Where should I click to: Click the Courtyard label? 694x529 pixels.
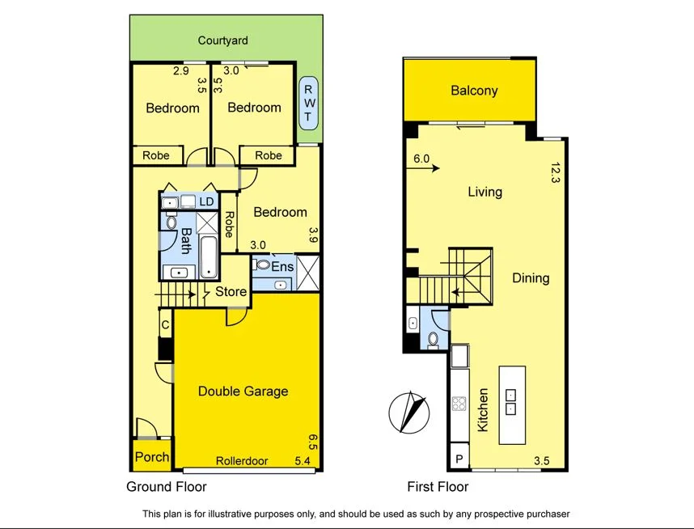tap(223, 40)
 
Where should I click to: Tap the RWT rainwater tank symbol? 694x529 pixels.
tap(308, 103)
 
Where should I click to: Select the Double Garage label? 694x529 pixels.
tap(243, 391)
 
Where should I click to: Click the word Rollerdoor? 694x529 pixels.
tap(241, 461)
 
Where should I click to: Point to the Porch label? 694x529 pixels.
tap(151, 457)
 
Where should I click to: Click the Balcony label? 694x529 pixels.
tap(474, 91)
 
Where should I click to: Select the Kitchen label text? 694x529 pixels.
tap(483, 409)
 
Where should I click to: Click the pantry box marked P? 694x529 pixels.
tap(460, 457)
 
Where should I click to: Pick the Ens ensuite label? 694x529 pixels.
tap(282, 264)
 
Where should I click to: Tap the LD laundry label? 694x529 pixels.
tap(207, 201)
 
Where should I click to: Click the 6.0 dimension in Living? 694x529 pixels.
tap(421, 159)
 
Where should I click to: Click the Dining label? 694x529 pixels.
tap(531, 278)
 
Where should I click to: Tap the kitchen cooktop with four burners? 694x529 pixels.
tap(459, 404)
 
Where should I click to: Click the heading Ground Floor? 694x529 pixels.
tap(166, 487)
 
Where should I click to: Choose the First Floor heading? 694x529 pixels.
tap(438, 487)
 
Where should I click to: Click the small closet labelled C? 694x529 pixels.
tap(165, 325)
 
